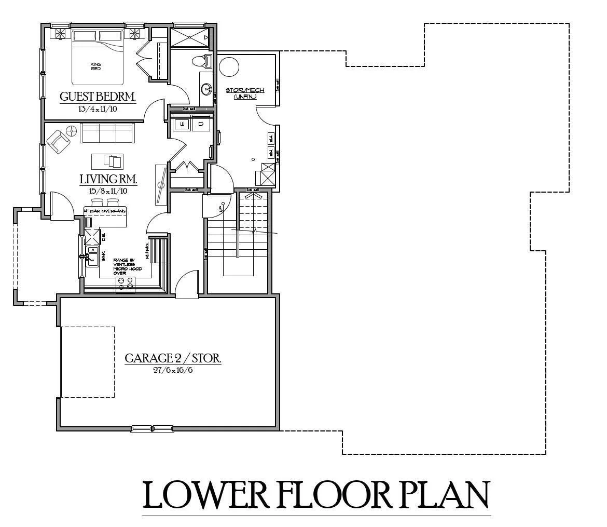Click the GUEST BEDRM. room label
tap(98, 97)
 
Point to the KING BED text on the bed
tap(95, 66)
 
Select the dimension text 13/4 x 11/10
tap(98, 109)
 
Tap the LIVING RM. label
tap(108, 180)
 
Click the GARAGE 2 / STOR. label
tap(173, 358)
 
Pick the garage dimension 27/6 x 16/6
tap(173, 370)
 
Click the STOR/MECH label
tap(241, 90)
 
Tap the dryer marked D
tap(201, 125)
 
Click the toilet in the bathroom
tap(199, 61)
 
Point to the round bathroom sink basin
tap(206, 89)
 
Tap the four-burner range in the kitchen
tap(125, 283)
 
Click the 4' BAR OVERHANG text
tap(105, 211)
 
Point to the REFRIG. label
tap(148, 250)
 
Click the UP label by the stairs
tap(220, 209)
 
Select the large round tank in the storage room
tap(229, 67)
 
